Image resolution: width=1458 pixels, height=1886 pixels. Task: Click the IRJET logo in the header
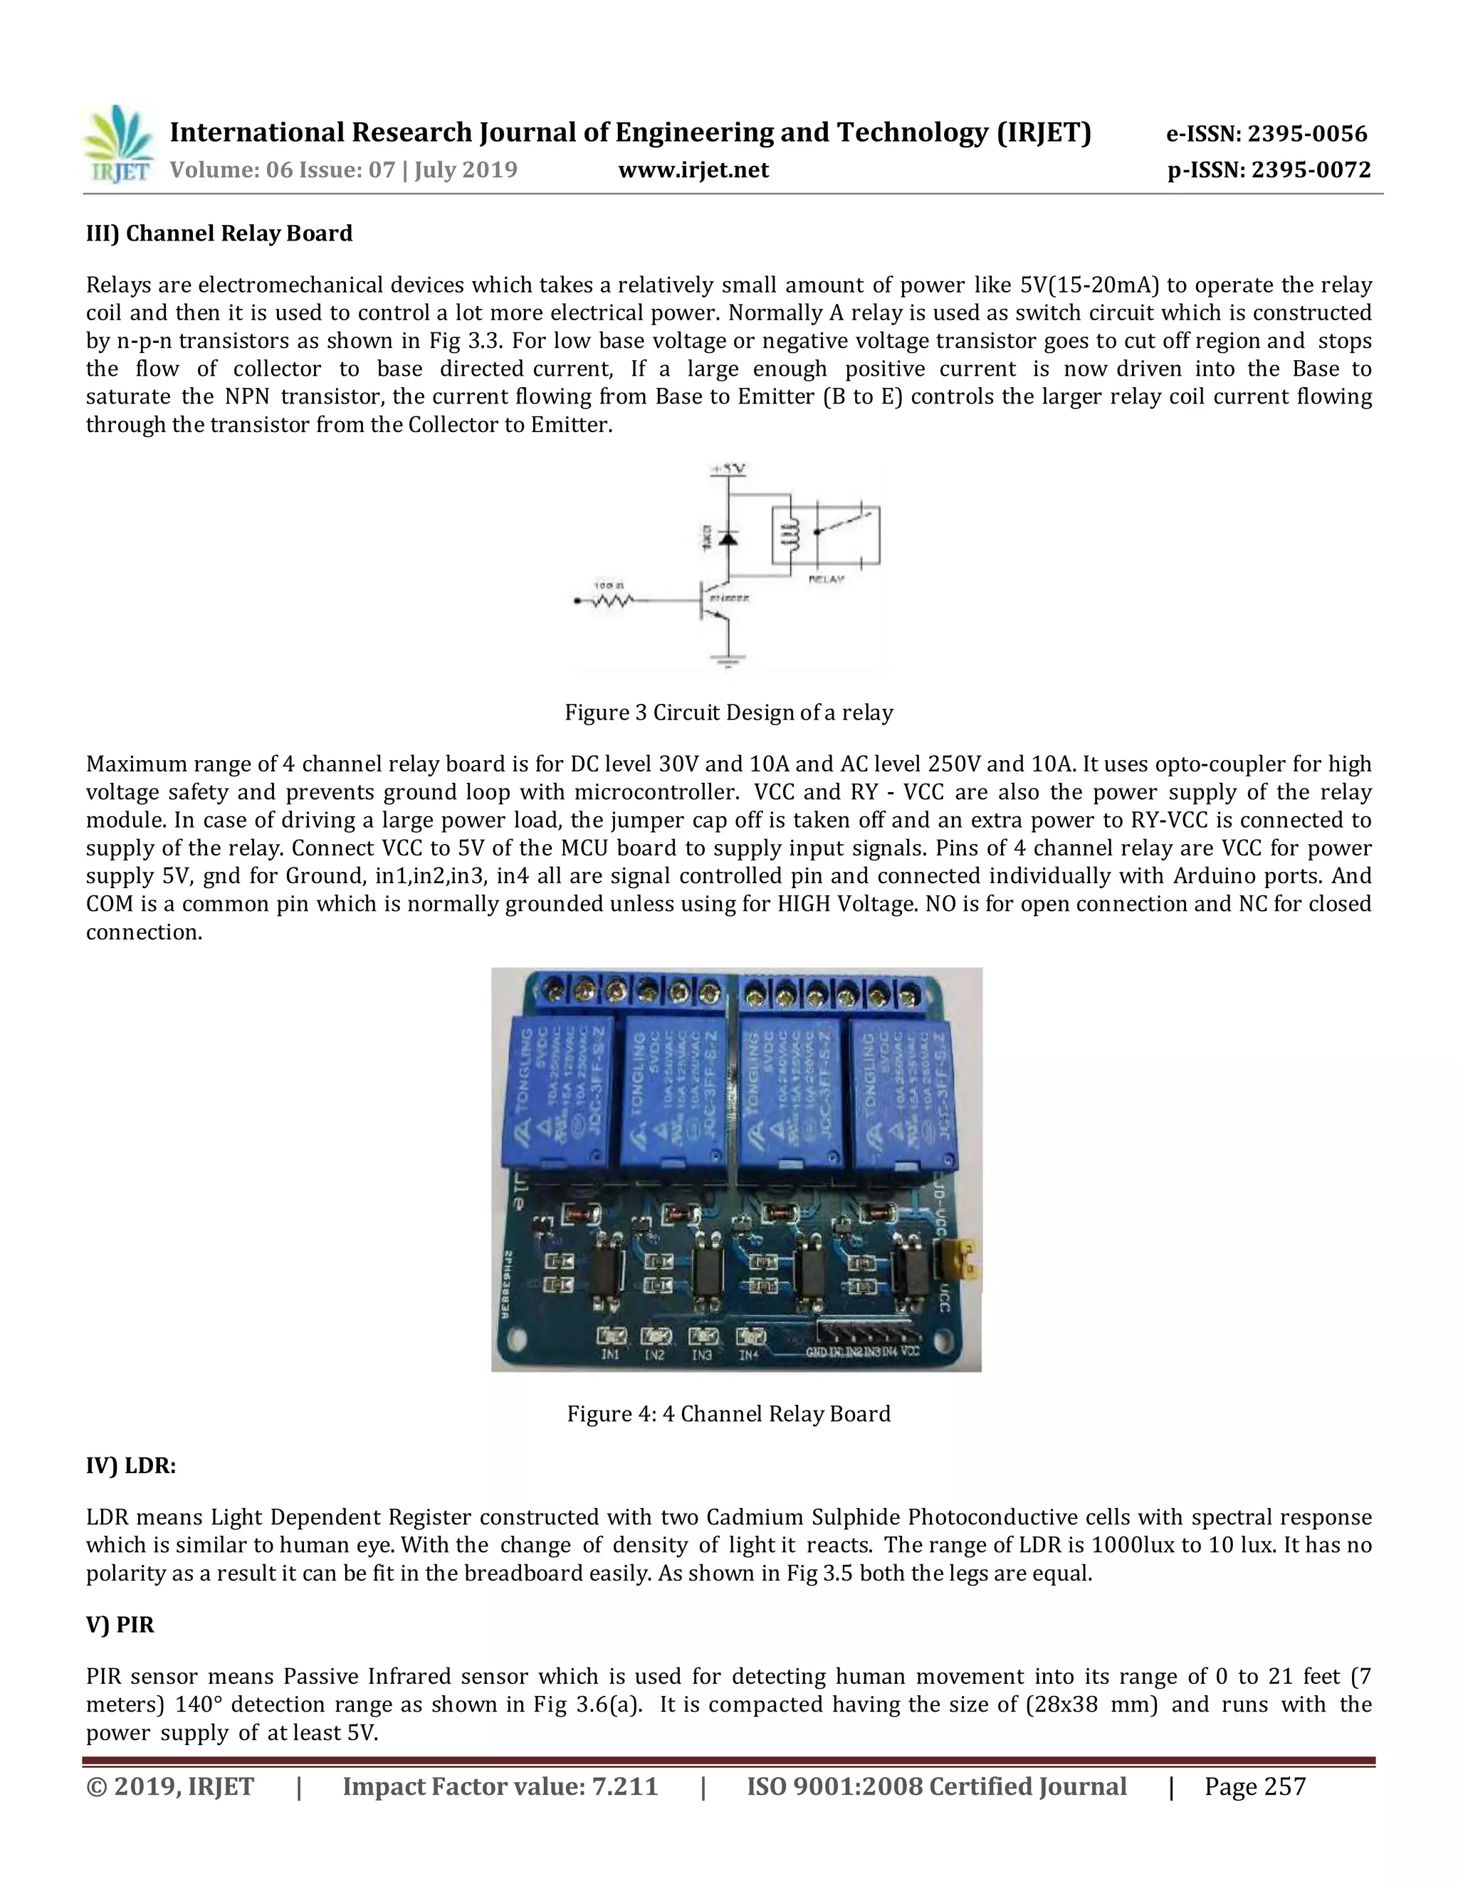(119, 144)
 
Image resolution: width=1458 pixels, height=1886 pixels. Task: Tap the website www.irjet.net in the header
(693, 170)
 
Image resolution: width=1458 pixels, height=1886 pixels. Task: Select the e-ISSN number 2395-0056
(1266, 134)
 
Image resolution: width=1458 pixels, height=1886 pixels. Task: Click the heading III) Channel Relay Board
(219, 233)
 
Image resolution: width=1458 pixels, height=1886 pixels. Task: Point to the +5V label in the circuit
(728, 470)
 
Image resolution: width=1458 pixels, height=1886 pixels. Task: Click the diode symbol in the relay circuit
(728, 537)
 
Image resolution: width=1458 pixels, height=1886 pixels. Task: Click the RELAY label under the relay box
(826, 579)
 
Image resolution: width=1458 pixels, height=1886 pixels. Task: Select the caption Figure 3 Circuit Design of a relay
(728, 712)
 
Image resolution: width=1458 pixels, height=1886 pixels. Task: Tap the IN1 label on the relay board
(611, 1356)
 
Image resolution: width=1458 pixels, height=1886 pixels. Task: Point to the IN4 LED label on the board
(749, 1356)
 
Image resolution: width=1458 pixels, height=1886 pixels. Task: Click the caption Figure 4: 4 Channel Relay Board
(728, 1413)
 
